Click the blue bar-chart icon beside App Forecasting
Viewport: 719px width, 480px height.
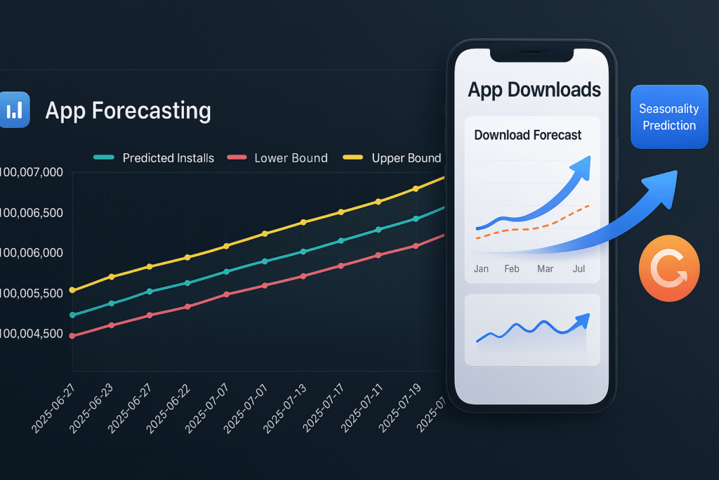pyautogui.click(x=14, y=110)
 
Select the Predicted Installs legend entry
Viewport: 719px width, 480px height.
pyautogui.click(x=154, y=158)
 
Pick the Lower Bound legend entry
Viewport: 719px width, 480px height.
pyautogui.click(x=277, y=158)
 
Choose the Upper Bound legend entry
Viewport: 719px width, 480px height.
pyautogui.click(x=392, y=158)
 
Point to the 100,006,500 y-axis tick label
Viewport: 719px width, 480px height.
pyautogui.click(x=31, y=212)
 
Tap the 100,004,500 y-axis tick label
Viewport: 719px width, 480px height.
pyautogui.click(x=31, y=334)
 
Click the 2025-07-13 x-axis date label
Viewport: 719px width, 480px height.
pyautogui.click(x=284, y=409)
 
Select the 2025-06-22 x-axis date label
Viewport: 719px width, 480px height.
pyautogui.click(x=168, y=409)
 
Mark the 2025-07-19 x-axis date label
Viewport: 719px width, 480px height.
pyautogui.click(x=400, y=408)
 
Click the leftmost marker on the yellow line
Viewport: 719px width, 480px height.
pyautogui.click(x=72, y=290)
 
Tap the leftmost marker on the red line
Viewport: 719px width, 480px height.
pyautogui.click(x=72, y=336)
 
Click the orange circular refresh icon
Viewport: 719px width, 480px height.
pyautogui.click(x=669, y=268)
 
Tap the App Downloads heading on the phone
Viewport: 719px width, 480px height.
pyautogui.click(x=534, y=90)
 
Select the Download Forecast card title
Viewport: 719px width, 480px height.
pyautogui.click(x=528, y=135)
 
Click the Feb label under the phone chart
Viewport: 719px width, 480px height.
pyautogui.click(x=512, y=269)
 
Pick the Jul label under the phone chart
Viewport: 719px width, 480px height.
pyautogui.click(x=579, y=269)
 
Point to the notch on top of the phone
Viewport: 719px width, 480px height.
pyautogui.click(x=532, y=55)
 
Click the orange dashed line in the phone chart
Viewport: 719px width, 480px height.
pyautogui.click(x=533, y=227)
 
